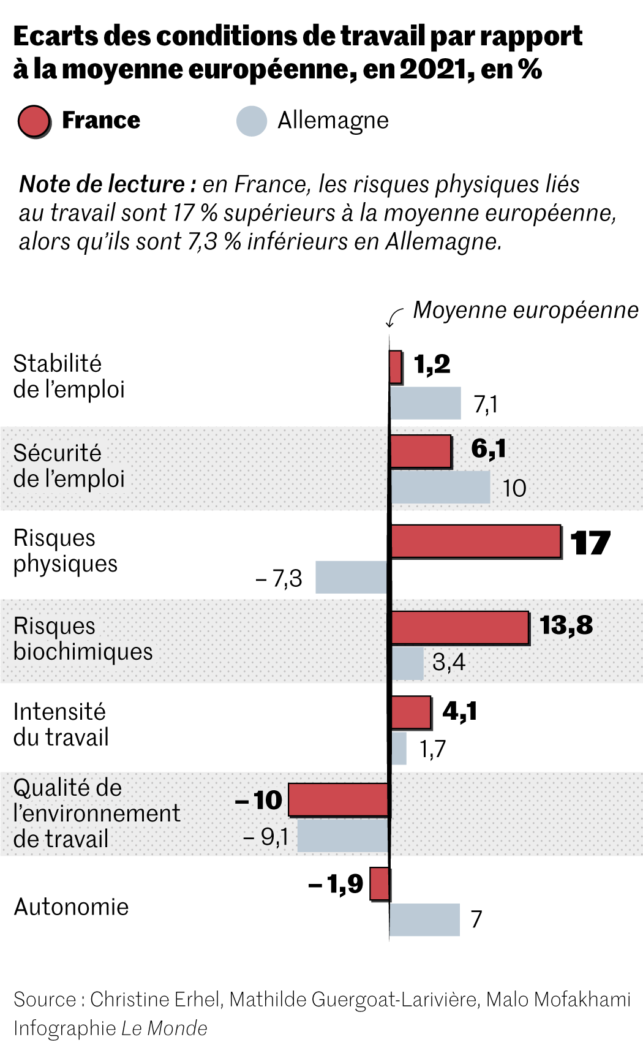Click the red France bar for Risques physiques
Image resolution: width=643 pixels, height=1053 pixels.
[x=476, y=542]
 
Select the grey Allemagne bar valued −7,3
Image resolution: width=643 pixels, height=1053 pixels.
[x=352, y=576]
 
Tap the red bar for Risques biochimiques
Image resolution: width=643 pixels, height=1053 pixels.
[x=460, y=627]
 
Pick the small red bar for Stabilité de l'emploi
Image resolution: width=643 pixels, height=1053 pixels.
[x=396, y=367]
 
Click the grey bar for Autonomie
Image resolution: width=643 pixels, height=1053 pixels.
[x=425, y=919]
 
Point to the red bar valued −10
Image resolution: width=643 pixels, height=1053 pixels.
[x=339, y=799]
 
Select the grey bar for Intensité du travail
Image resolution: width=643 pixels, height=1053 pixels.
[x=399, y=748]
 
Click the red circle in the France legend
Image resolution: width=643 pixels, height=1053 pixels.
[x=34, y=121]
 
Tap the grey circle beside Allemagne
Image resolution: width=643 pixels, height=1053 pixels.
[x=252, y=121]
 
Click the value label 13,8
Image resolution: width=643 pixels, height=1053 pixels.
[x=566, y=625]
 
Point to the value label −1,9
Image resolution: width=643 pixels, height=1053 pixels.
[x=336, y=884]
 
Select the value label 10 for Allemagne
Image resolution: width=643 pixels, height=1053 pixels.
[x=514, y=488]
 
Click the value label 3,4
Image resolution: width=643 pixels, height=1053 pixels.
[x=448, y=662]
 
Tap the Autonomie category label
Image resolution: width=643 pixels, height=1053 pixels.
[x=71, y=907]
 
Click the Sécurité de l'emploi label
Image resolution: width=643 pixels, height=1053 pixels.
[x=69, y=466]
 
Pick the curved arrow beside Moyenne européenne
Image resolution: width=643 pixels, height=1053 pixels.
[x=394, y=316]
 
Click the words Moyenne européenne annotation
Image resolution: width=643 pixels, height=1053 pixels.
[x=525, y=310]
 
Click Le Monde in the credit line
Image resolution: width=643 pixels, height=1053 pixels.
[x=164, y=1028]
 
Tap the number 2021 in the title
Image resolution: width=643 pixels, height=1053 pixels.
[x=433, y=69]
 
